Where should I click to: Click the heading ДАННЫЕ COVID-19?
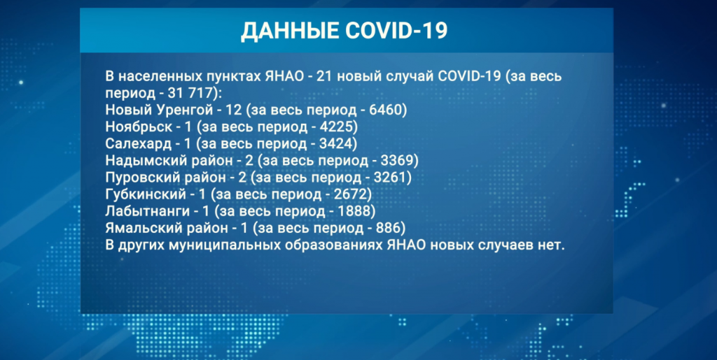344,31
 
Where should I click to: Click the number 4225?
343,127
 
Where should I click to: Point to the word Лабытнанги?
145,211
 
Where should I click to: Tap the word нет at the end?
552,245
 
